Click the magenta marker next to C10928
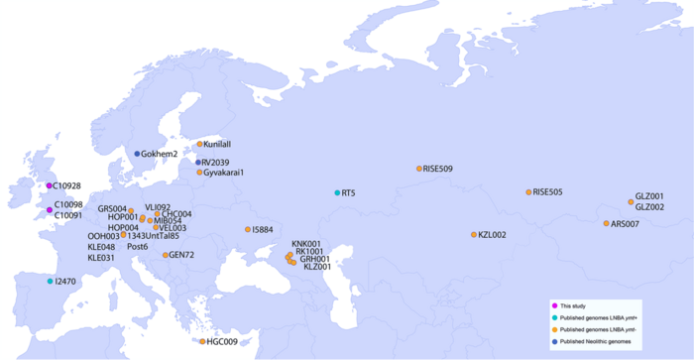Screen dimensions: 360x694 click(48, 185)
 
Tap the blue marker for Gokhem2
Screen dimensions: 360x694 click(137, 154)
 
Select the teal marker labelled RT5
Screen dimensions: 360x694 click(337, 192)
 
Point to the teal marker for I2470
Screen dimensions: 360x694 click(50, 282)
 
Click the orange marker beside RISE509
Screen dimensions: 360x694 click(418, 169)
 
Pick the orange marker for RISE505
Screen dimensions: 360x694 click(528, 191)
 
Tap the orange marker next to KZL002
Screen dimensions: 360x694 click(474, 235)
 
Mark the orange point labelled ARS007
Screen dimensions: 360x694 click(606, 223)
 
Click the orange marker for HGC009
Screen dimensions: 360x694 click(202, 341)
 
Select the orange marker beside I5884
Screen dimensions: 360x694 click(248, 229)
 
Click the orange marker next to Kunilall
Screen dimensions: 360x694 click(198, 145)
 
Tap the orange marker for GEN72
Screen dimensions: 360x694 click(166, 255)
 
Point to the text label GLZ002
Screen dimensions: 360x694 click(649, 206)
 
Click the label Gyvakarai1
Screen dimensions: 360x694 click(224, 173)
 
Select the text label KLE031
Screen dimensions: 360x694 click(102, 258)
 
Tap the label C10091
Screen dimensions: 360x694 click(67, 215)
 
